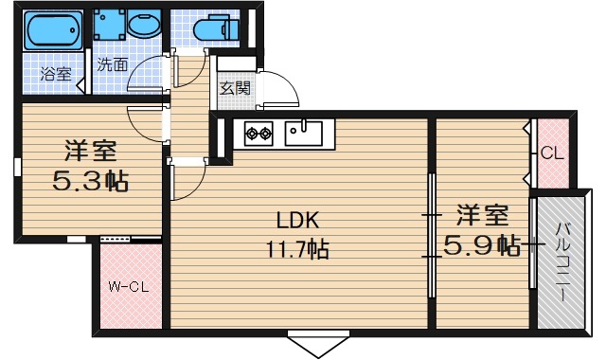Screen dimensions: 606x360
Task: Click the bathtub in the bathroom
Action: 54,30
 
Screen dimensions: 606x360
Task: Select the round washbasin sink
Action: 144,24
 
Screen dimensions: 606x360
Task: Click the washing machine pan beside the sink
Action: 110,24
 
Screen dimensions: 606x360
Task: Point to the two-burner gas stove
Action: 258,134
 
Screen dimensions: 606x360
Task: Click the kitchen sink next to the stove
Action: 304,133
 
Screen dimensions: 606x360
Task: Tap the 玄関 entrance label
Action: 235,88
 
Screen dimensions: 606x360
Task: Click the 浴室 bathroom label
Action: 57,74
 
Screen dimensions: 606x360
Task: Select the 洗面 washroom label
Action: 112,64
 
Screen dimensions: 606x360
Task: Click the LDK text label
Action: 298,221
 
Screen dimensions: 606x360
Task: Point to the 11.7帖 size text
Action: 296,249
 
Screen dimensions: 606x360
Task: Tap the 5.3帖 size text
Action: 91,181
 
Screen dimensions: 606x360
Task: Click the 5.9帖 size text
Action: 482,245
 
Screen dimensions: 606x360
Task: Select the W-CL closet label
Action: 129,287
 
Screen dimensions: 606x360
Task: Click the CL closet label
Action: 552,153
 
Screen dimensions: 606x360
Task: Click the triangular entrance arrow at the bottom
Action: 318,345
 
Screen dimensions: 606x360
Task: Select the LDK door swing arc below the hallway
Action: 196,185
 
